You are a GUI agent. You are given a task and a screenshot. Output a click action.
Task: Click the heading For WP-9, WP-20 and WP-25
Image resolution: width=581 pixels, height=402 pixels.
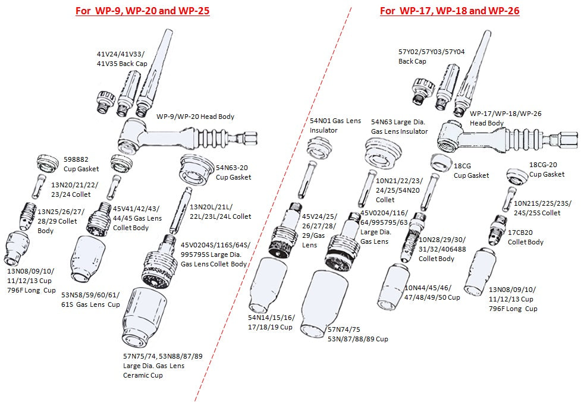142,11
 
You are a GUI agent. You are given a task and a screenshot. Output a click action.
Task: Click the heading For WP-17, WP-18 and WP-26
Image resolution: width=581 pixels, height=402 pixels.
450,11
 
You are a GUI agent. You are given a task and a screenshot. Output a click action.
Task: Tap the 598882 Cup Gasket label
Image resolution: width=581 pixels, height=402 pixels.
81,164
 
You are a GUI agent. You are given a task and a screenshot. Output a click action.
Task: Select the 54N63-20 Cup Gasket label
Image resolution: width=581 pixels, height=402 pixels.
233,172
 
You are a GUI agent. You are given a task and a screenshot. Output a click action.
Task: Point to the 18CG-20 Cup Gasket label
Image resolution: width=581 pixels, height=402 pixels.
547,169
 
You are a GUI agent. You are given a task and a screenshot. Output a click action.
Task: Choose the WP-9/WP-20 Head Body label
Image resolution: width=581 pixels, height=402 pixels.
195,117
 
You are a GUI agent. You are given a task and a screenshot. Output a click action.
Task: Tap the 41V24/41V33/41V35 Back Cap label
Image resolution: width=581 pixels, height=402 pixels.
121,58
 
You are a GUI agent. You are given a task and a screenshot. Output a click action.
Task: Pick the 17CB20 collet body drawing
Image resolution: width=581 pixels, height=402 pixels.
497,231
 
